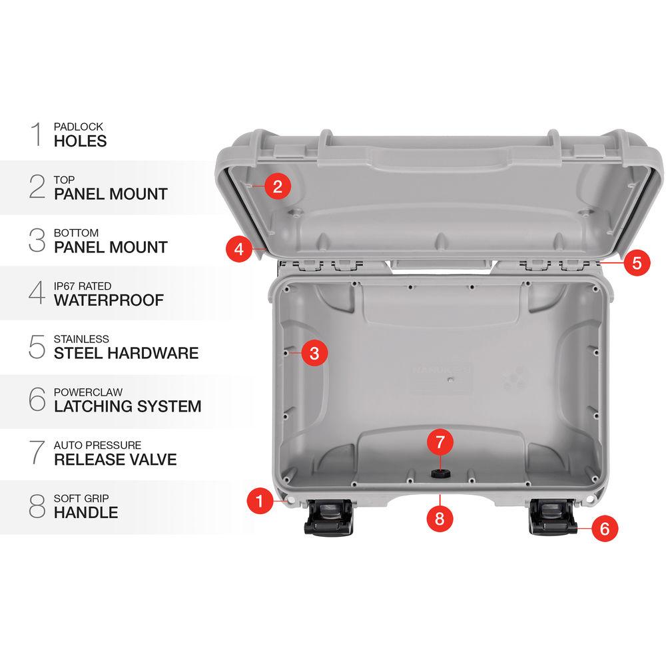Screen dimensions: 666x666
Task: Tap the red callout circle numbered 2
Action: [277, 186]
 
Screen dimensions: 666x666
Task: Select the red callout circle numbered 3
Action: [314, 353]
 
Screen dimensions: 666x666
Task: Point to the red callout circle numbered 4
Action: [238, 250]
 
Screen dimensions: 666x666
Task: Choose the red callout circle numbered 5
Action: [637, 262]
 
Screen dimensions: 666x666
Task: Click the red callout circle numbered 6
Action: [604, 529]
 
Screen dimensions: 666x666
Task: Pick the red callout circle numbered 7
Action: [439, 442]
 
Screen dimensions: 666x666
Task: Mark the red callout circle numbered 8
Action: [439, 518]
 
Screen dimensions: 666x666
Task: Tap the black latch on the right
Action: [552, 518]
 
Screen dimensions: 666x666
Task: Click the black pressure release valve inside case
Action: [439, 474]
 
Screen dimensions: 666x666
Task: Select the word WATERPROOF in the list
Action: [109, 300]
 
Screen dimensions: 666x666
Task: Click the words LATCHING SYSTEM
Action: [127, 406]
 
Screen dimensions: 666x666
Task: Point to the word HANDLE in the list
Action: [86, 513]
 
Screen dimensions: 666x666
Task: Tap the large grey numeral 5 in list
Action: [37, 347]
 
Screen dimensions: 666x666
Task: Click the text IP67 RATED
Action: [83, 286]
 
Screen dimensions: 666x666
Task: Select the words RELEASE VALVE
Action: [115, 460]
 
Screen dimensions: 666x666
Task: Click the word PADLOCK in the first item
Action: [79, 127]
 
